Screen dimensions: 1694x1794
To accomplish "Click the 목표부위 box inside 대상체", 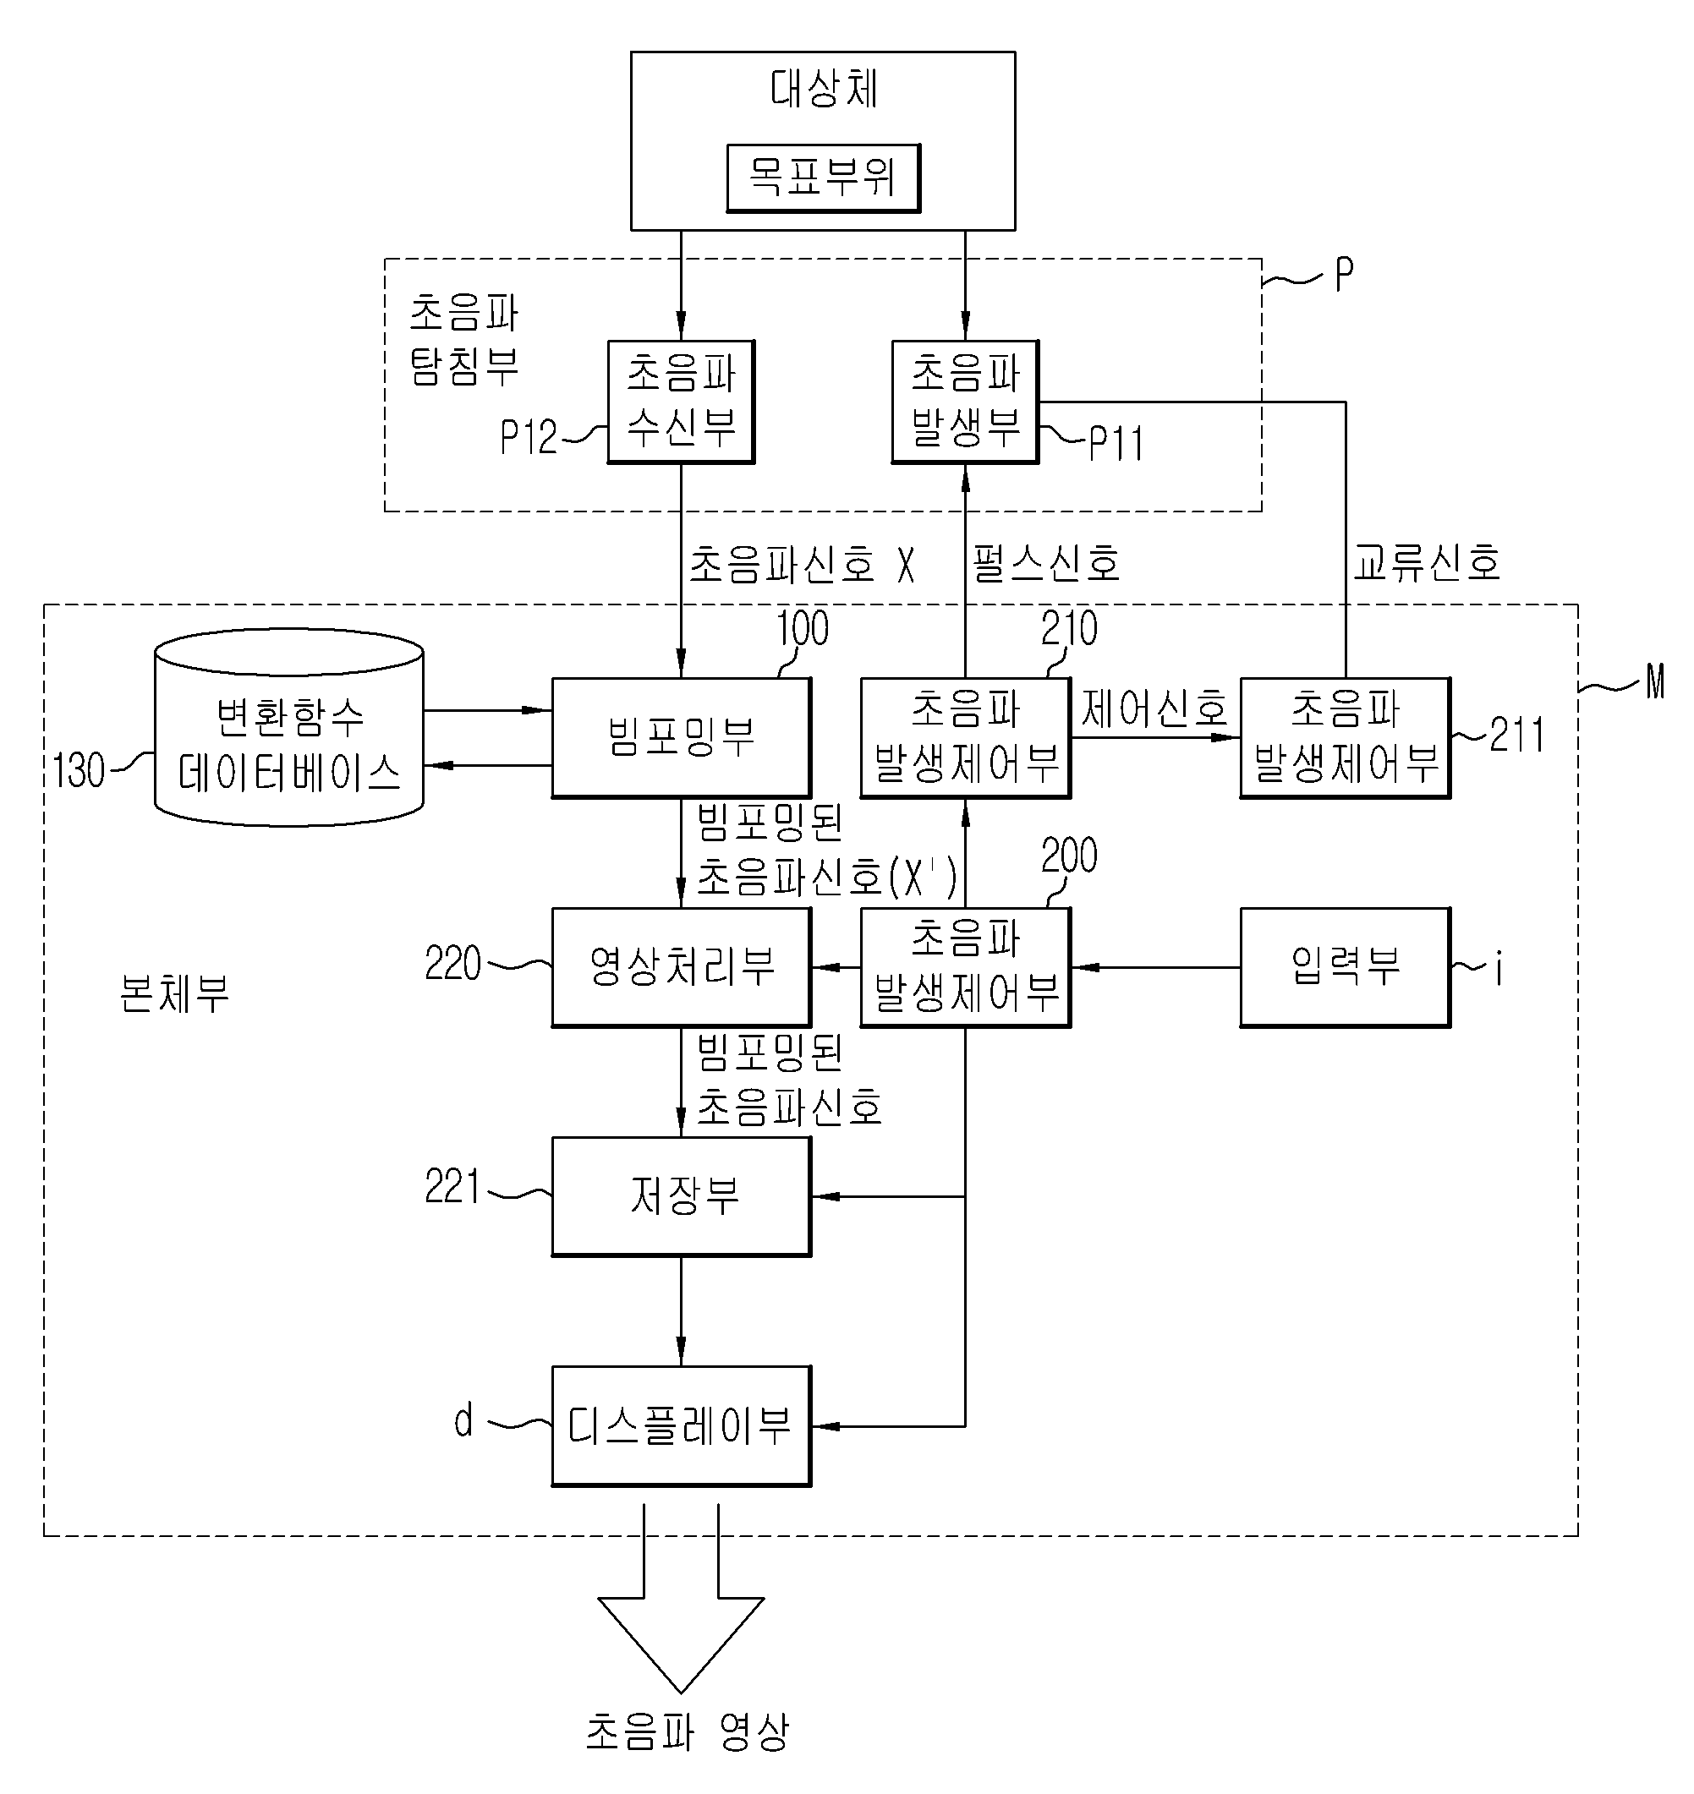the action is (823, 178).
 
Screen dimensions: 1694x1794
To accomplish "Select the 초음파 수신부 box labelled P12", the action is (681, 402).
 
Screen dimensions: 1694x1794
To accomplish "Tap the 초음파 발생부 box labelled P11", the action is (965, 402).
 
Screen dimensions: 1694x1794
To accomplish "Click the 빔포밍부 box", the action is (681, 738).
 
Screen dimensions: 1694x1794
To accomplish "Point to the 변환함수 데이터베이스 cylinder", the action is (289, 728).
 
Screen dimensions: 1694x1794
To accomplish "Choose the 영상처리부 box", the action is (681, 967).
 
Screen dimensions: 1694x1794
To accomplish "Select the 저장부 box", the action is (681, 1196).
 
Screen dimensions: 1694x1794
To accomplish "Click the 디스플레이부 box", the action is (681, 1425).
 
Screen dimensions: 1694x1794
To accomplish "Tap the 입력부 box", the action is (1346, 967).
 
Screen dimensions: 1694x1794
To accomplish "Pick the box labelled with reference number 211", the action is (1346, 738).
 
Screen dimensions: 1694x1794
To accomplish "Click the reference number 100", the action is (803, 628).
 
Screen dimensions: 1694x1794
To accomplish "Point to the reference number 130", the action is (79, 771).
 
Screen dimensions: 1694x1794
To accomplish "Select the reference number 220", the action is (453, 963).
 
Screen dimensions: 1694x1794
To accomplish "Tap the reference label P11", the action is (1116, 443).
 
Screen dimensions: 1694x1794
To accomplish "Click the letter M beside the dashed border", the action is (1654, 681).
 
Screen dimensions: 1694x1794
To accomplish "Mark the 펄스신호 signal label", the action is (1046, 563).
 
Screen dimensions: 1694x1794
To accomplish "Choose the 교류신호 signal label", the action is (1427, 562).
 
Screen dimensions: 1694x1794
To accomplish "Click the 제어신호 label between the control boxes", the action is (1155, 708).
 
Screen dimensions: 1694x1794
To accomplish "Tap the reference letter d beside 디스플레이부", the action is (463, 1420).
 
